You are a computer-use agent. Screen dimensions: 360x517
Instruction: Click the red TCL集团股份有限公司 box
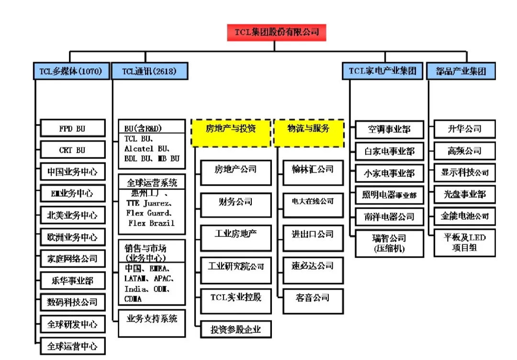276,32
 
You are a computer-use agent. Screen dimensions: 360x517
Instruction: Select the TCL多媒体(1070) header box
71,71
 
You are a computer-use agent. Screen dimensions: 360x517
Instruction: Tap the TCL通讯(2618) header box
149,71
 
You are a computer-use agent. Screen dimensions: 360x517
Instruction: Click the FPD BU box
72,129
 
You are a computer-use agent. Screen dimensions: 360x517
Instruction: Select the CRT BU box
72,150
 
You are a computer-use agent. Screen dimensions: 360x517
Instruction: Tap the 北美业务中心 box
72,215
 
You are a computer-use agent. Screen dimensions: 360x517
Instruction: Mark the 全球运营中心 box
72,346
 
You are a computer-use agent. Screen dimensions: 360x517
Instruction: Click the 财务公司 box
236,202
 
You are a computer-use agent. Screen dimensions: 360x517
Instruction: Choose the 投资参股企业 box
236,329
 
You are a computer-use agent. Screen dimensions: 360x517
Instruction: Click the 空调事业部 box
389,129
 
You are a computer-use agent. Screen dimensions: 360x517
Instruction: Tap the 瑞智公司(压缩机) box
389,243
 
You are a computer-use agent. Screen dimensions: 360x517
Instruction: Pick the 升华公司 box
464,129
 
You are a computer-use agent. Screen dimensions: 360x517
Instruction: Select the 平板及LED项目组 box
464,242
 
